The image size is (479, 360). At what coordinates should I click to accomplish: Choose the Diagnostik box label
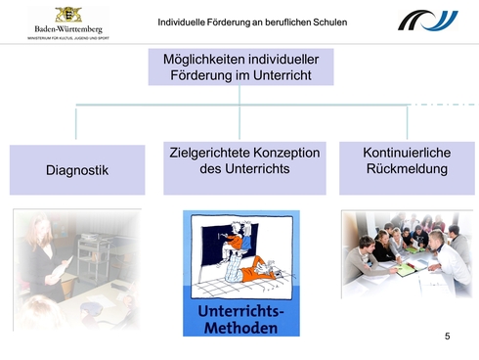(x=77, y=170)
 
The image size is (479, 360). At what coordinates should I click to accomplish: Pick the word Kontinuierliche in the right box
(x=405, y=154)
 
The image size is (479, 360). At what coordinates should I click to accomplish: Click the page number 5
(x=447, y=337)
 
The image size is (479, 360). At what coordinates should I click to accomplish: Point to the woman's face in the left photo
(x=46, y=225)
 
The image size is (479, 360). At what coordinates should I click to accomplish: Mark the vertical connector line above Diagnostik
(x=76, y=123)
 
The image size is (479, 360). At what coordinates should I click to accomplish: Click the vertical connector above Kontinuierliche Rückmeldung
(x=407, y=123)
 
